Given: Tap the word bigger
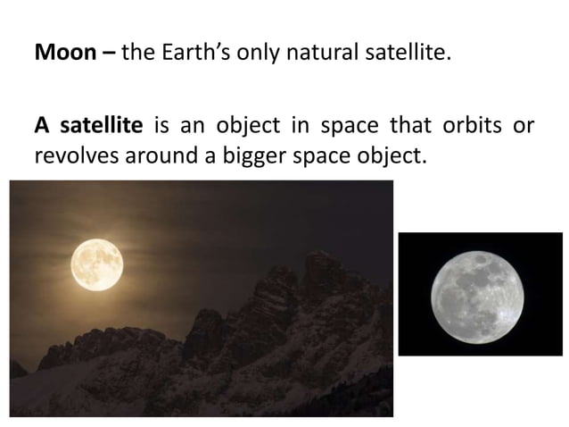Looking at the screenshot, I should click(226, 155).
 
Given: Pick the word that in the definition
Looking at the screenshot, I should click(395, 124).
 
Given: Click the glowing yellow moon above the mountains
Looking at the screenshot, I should click(96, 264).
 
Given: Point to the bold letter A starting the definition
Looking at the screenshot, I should click(41, 124).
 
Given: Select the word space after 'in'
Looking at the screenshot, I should click(335, 124).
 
